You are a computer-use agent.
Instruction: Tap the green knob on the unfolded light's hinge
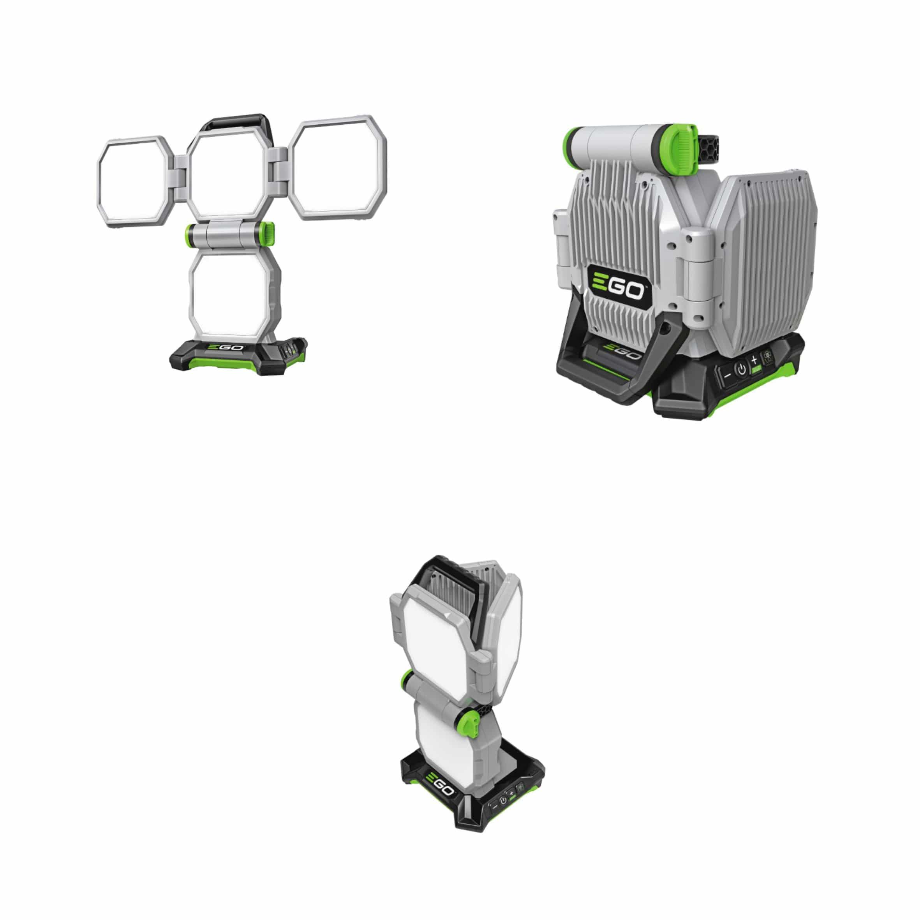269,233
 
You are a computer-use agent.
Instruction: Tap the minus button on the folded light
728,375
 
